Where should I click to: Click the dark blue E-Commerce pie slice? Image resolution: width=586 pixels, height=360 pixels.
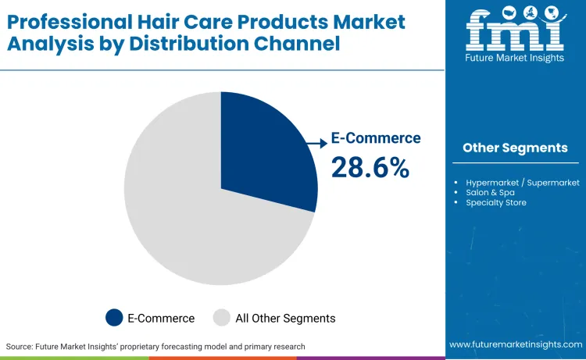click(262, 156)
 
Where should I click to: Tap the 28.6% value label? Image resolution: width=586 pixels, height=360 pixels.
click(370, 167)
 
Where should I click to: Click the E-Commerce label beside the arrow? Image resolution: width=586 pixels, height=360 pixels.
click(376, 138)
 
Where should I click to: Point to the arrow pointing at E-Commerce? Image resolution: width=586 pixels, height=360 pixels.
click(316, 143)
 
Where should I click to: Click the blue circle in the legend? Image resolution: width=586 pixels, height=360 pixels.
click(114, 318)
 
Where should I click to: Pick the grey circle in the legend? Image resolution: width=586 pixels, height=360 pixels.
click(222, 318)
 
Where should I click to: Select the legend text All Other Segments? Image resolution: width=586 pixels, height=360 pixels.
click(285, 318)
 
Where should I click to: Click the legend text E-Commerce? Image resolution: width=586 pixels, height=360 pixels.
click(162, 318)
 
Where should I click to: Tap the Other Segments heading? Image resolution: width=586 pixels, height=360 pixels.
click(515, 148)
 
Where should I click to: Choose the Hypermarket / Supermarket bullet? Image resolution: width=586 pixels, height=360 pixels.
click(523, 183)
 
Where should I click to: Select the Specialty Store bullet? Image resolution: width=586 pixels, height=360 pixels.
click(496, 203)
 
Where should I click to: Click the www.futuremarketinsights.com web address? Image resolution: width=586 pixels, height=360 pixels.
click(515, 344)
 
